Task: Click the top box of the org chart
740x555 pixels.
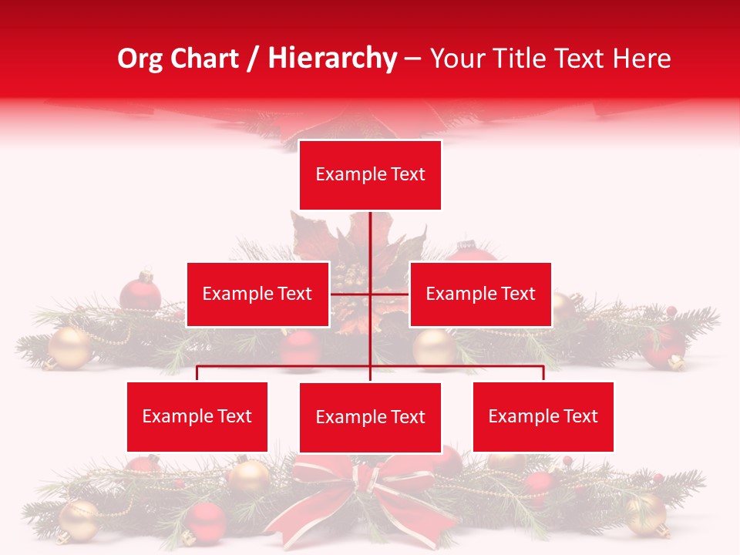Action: point(370,175)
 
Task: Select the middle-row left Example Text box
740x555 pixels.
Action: point(257,294)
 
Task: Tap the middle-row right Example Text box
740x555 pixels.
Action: point(480,294)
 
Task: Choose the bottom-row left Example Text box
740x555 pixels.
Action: point(197,416)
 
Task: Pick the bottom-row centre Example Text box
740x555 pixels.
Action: point(370,417)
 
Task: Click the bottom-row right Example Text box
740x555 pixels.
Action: point(543,416)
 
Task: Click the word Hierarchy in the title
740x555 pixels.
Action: point(332,59)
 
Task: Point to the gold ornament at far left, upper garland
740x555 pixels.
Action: point(70,348)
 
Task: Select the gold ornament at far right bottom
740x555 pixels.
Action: point(646,514)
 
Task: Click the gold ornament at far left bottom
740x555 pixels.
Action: point(78,520)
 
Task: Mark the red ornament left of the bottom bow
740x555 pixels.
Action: point(205,523)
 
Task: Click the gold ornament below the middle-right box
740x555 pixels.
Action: point(434,347)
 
